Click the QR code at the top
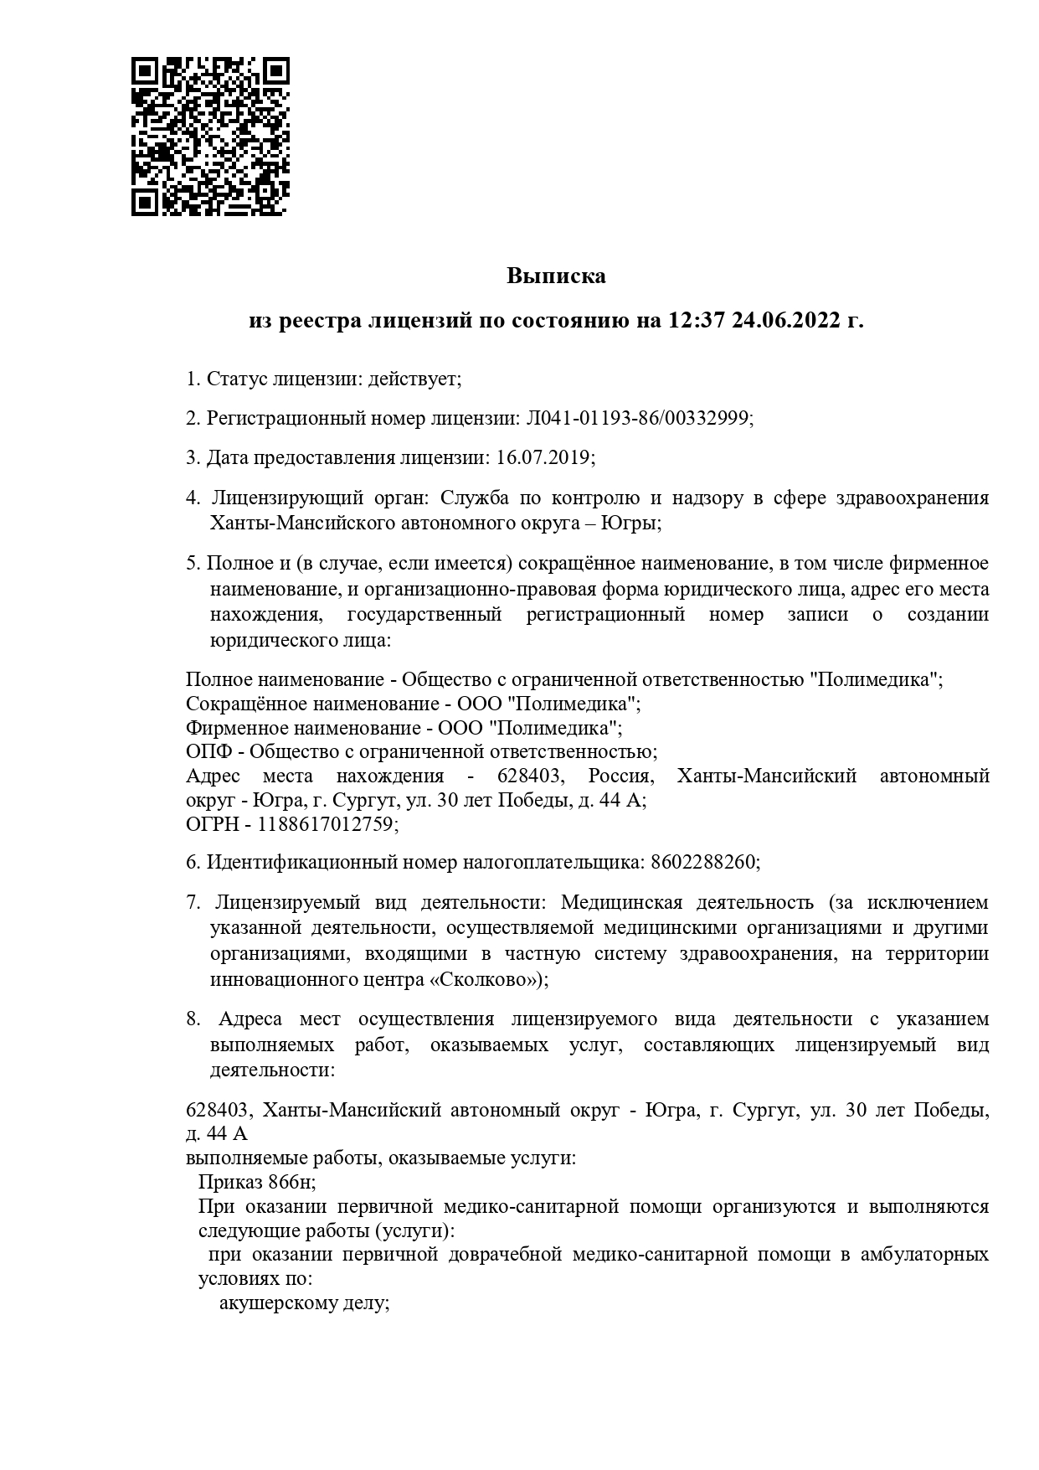(x=211, y=137)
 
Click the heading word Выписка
(x=556, y=276)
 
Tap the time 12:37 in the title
(x=695, y=321)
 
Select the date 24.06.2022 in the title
(x=786, y=321)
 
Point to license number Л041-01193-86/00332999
(x=637, y=418)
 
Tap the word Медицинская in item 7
(x=621, y=903)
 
